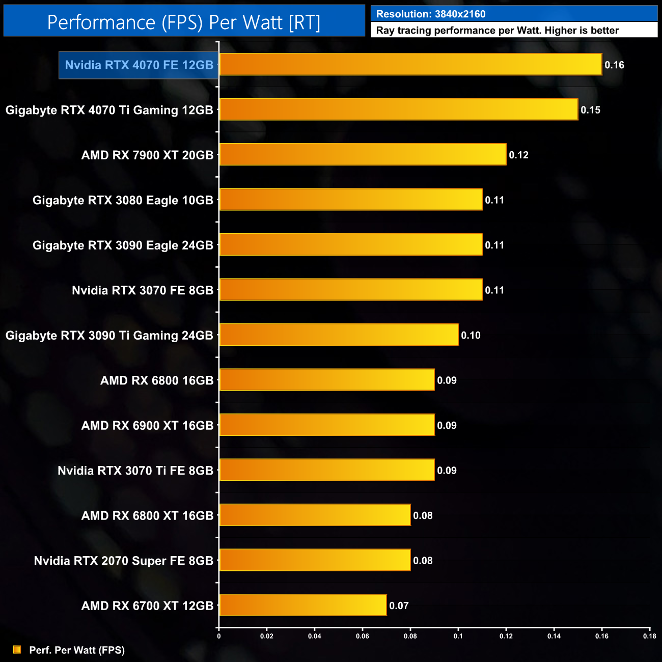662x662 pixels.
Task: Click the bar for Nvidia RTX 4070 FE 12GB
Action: (410, 65)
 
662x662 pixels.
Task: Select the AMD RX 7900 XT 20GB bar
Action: (363, 155)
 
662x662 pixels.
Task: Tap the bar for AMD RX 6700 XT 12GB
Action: (303, 605)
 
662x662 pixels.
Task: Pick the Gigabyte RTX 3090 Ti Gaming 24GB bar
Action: (339, 335)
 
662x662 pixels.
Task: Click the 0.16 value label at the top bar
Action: (614, 65)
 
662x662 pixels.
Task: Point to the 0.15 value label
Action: (590, 110)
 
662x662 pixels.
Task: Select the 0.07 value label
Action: (399, 606)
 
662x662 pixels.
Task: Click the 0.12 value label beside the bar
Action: (518, 155)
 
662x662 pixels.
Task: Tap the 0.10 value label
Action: (471, 336)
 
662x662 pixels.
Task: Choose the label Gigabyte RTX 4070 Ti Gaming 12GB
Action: (109, 110)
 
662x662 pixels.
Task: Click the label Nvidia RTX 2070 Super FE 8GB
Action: (123, 561)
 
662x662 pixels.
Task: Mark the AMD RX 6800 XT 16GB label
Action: (147, 516)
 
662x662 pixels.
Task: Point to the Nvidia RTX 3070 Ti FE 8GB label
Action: (135, 471)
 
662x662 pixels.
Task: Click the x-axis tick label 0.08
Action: (410, 636)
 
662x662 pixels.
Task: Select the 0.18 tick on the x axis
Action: (649, 636)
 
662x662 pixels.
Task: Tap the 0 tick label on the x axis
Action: (219, 636)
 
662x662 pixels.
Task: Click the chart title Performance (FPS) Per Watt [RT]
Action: (184, 22)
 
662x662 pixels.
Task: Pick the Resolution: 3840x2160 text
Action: (431, 14)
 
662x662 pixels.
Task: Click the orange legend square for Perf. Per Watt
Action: (17, 650)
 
